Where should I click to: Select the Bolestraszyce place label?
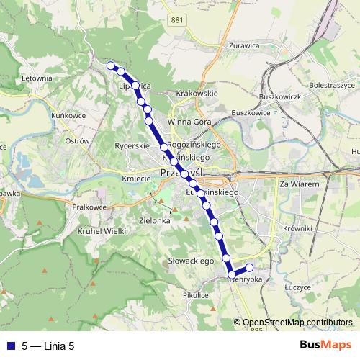330,85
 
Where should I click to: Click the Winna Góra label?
189,122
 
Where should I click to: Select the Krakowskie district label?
197,94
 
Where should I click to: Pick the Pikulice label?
196,294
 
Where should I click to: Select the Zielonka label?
155,221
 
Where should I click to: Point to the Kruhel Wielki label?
104,231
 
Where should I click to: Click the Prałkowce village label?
89,207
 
